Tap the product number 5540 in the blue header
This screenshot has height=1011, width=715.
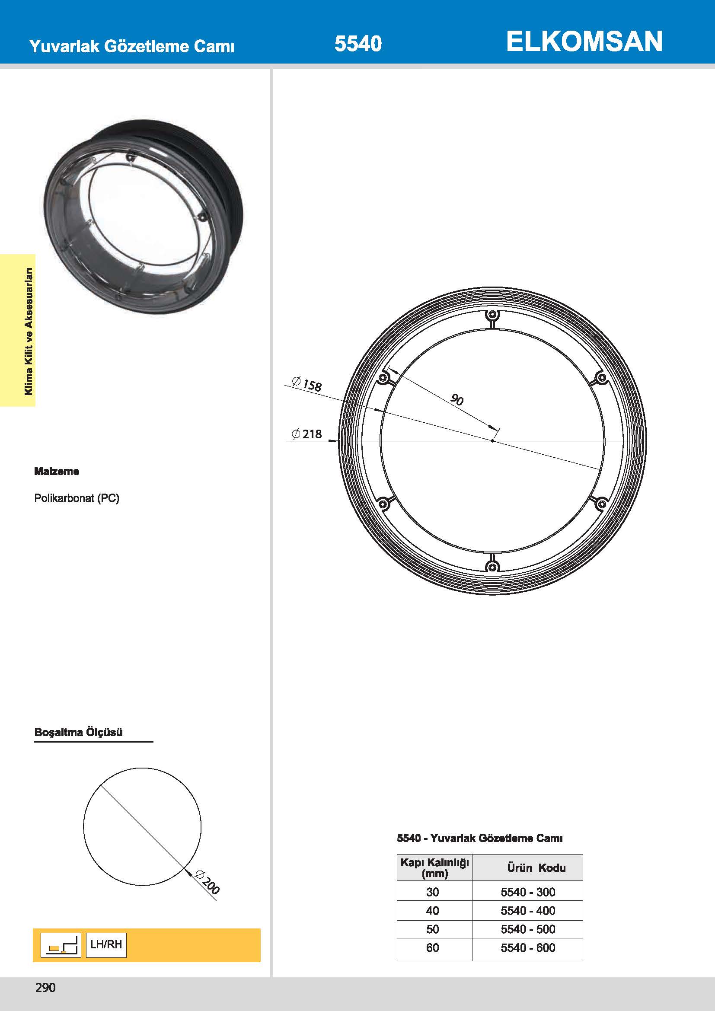358,44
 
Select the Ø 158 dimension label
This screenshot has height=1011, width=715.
307,384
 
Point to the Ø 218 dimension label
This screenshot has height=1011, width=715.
307,434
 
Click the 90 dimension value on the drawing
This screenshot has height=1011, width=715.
457,400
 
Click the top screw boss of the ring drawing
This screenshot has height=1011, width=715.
493,315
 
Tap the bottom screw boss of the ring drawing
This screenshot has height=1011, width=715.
493,566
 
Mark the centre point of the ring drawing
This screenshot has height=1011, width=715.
493,441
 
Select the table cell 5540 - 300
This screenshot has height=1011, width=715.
527,892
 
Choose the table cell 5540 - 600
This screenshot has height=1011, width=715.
527,947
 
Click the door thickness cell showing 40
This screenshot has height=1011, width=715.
432,911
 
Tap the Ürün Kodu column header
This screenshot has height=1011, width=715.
536,867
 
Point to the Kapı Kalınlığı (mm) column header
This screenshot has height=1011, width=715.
434,867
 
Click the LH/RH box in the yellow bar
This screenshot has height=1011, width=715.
106,944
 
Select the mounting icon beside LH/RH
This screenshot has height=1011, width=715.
61,945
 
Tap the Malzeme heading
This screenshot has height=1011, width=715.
57,471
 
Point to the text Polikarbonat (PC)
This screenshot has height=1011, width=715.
77,498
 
